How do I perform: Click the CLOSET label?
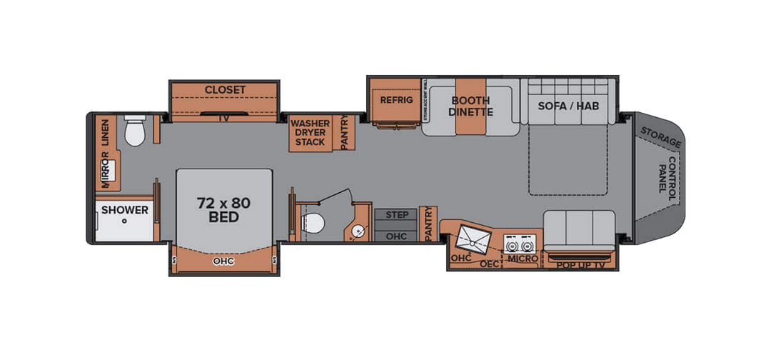pos(225,90)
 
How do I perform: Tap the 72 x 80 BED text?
pos(223,210)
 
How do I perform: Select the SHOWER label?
pos(124,210)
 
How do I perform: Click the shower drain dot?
pos(124,221)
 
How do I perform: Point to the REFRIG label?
pos(396,100)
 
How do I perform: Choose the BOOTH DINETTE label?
pos(471,106)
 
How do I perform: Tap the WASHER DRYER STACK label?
pos(309,133)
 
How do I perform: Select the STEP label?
pos(396,214)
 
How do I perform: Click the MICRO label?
pos(523,258)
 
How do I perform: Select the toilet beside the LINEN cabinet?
pos(135,131)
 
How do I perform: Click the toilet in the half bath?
pos(313,223)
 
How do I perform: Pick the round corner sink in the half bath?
pos(358,230)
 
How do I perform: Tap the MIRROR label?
pos(106,171)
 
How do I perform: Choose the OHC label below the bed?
pos(223,261)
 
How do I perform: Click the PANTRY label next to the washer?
pos(344,133)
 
